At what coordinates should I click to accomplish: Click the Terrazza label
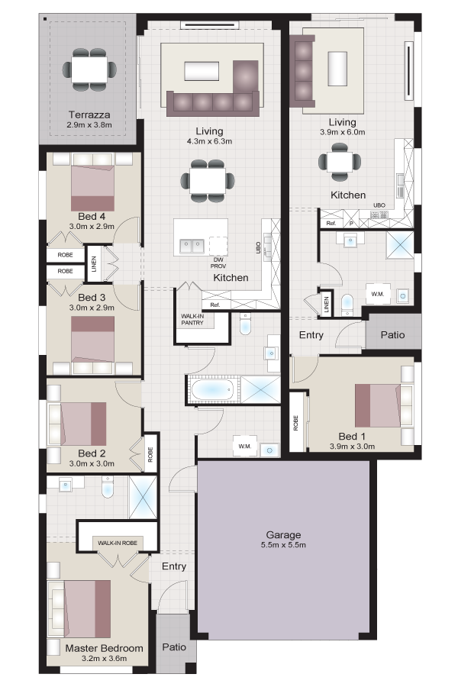[x=89, y=114]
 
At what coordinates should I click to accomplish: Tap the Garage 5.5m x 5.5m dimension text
[x=283, y=545]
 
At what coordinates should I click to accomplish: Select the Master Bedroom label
[x=104, y=648]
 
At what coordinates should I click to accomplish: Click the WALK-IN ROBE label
[x=118, y=543]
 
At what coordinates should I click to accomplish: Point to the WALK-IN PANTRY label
[x=192, y=319]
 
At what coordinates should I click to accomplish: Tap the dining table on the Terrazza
[x=89, y=69]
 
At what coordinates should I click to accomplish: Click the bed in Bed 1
[x=377, y=405]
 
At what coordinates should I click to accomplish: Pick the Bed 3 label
[x=92, y=297]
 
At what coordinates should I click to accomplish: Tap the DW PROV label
[x=218, y=263]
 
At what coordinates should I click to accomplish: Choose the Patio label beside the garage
[x=174, y=647]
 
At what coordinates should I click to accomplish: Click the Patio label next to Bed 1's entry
[x=392, y=335]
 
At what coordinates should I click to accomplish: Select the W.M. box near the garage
[x=245, y=446]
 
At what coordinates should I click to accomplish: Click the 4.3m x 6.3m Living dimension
[x=209, y=141]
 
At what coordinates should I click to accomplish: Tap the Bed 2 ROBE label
[x=150, y=454]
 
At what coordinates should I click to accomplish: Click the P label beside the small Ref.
[x=351, y=223]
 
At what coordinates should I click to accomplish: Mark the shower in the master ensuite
[x=143, y=496]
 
